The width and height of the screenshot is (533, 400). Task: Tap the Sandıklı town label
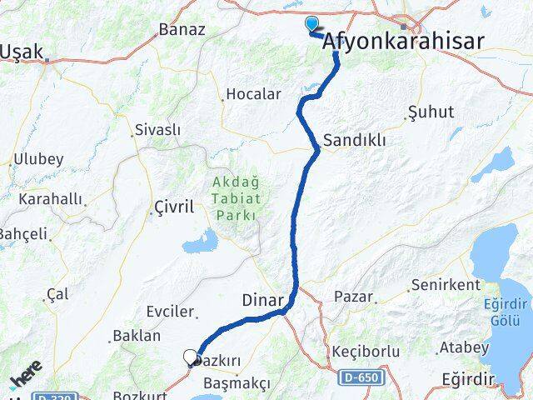tap(355, 140)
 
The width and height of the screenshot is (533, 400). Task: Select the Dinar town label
tap(262, 299)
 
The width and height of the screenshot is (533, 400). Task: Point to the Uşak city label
tap(23, 52)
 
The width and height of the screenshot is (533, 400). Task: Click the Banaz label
tap(182, 30)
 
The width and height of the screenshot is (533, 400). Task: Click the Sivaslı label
tap(157, 130)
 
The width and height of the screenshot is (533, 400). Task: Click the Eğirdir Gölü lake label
tap(505, 316)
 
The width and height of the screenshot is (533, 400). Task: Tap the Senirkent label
tap(446, 285)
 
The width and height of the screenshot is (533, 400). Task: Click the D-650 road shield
tap(361, 378)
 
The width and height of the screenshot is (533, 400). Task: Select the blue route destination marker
tap(312, 24)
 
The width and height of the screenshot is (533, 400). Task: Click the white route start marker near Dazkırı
tap(191, 358)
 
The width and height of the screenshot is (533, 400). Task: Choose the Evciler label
tap(171, 311)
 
